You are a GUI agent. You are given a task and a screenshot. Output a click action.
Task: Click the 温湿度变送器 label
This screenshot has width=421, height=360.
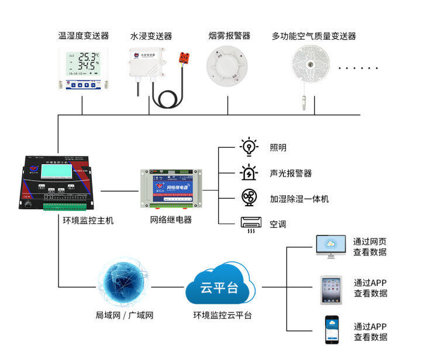(x=84, y=36)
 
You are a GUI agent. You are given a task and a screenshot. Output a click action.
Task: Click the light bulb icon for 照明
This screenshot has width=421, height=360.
(x=250, y=146)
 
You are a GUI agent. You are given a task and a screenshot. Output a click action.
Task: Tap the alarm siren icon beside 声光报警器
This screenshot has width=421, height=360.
(x=250, y=172)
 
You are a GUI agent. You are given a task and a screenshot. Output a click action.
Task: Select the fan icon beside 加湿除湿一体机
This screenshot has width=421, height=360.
(x=250, y=198)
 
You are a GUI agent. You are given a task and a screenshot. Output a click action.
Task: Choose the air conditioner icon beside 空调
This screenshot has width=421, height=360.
(x=250, y=224)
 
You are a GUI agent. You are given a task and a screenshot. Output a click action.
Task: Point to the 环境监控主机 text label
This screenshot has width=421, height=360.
(x=88, y=221)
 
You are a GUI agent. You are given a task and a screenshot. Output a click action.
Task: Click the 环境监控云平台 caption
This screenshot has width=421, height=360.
(x=223, y=316)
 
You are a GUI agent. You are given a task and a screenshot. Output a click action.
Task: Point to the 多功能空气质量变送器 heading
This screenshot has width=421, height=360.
(x=314, y=36)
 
